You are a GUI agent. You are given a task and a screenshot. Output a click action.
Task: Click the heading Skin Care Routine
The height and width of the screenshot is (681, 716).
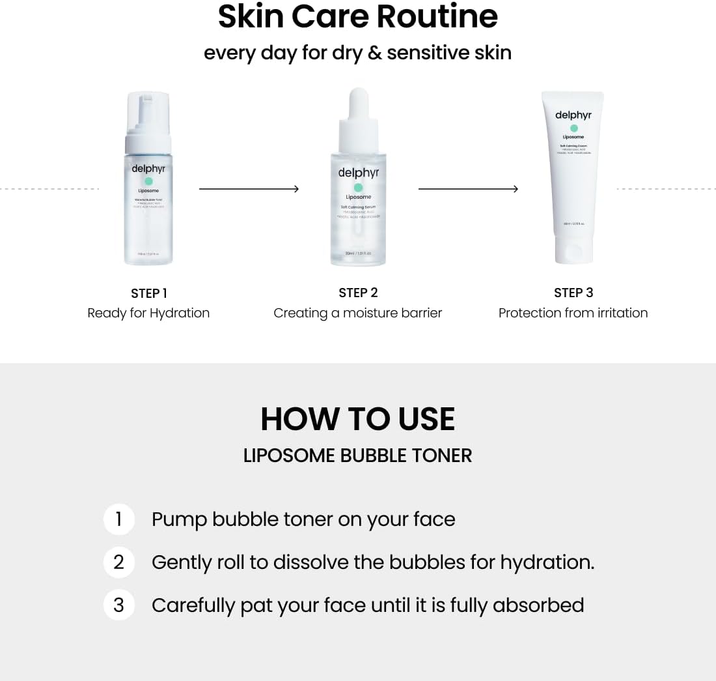357,18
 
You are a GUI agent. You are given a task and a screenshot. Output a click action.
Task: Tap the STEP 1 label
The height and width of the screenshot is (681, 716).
148,293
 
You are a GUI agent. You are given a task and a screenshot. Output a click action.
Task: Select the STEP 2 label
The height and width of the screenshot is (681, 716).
358,293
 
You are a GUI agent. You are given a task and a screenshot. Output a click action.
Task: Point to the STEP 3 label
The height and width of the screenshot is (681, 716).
573,293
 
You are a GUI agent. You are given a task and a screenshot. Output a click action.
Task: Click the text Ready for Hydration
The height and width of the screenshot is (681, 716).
148,313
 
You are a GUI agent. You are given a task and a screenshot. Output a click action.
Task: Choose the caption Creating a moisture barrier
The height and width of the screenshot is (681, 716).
357,313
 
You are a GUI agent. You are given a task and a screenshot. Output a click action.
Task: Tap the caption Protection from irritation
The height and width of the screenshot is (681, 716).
573,313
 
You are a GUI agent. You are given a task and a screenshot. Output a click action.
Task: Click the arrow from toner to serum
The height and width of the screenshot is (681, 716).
249,189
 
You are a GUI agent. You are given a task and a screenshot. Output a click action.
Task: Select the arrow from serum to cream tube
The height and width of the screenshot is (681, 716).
468,189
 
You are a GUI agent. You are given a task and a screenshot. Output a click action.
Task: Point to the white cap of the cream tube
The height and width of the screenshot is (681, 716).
573,250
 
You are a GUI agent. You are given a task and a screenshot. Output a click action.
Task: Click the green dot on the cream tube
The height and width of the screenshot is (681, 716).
573,128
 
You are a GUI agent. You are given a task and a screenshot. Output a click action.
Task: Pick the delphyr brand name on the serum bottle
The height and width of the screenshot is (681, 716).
358,173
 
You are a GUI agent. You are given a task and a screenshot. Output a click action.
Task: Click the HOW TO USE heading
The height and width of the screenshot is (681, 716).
357,419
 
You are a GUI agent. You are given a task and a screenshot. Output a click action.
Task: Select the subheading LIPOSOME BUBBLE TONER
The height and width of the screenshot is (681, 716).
357,456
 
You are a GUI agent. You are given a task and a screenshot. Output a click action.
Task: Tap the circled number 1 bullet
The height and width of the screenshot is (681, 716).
118,519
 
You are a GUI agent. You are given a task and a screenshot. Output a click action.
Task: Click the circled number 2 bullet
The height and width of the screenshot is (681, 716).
118,562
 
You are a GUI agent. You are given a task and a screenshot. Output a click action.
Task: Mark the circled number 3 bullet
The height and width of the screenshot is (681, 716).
118,605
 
